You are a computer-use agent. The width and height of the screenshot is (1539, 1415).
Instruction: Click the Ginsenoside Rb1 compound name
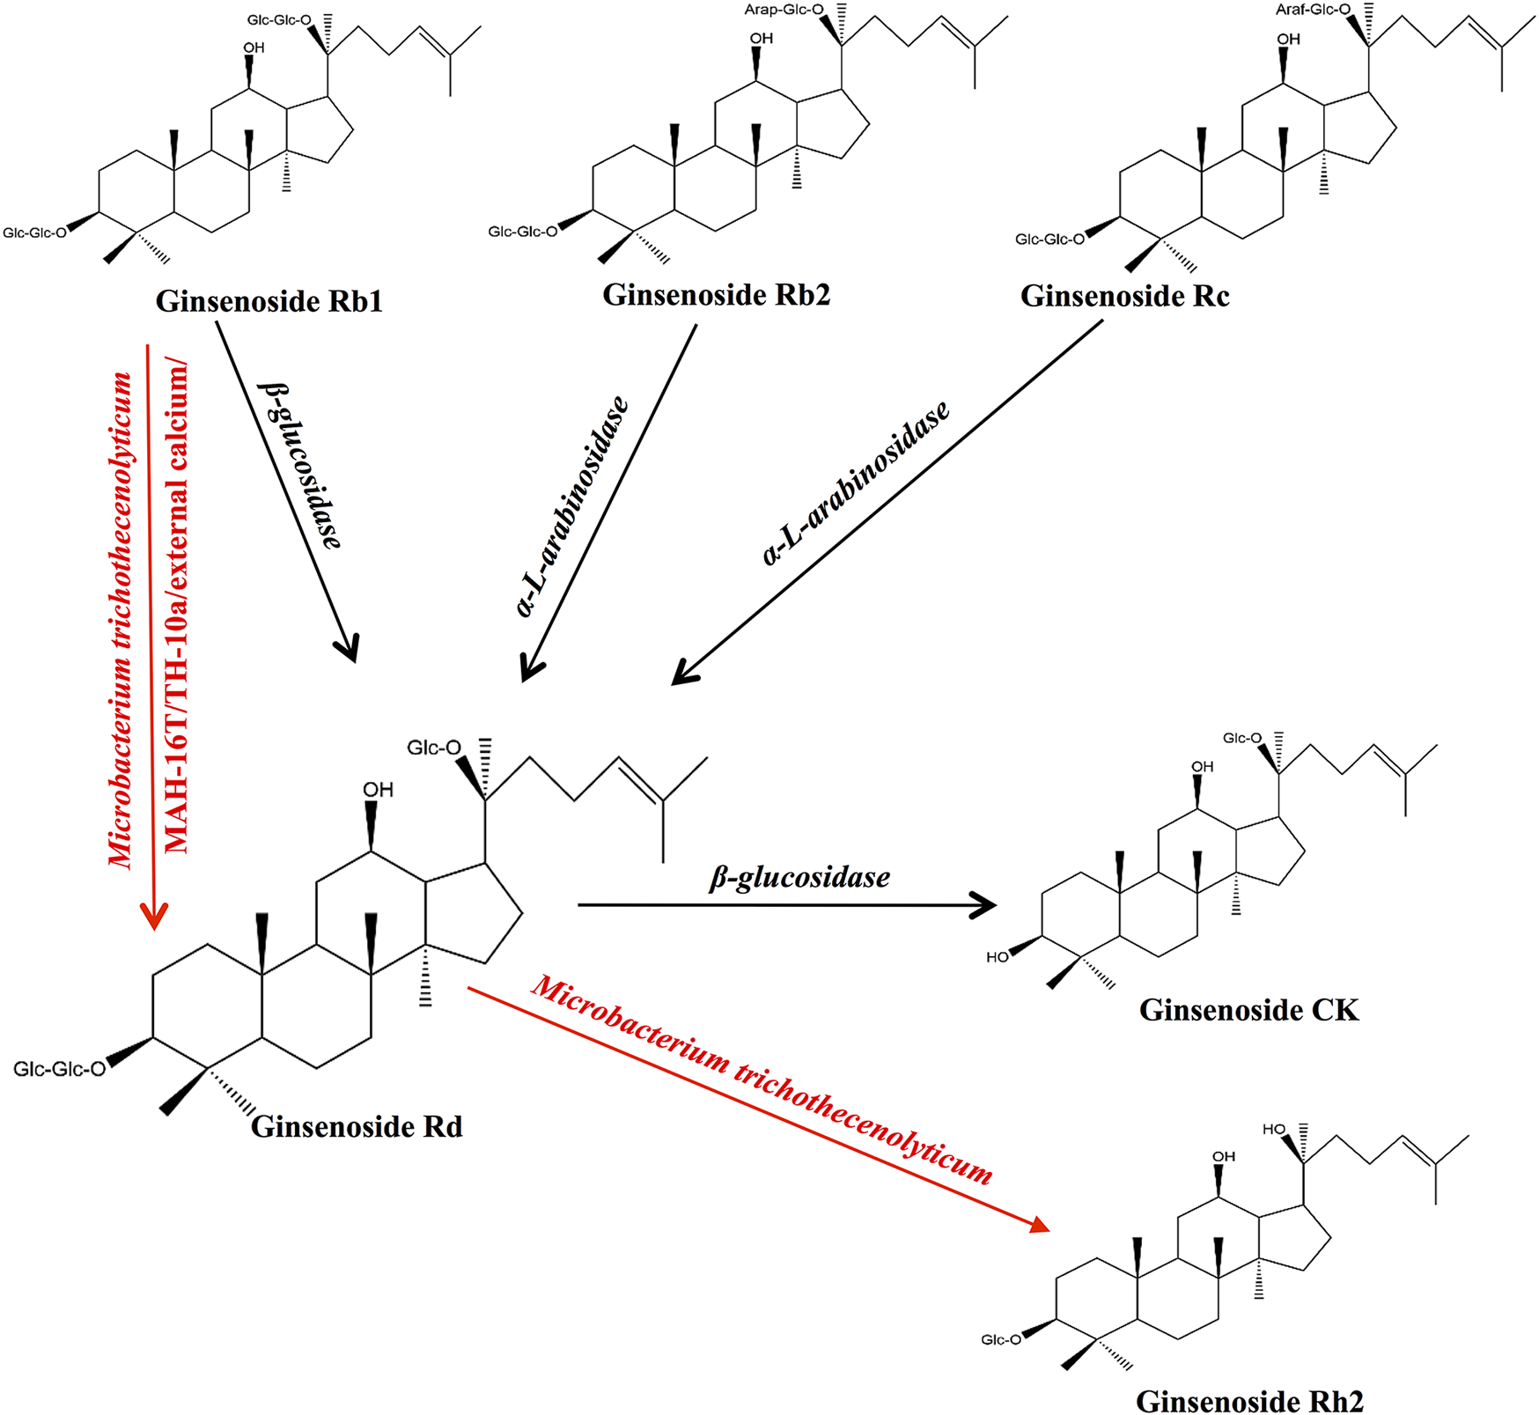click(269, 301)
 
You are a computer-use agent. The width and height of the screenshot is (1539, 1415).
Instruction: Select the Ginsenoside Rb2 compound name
click(716, 294)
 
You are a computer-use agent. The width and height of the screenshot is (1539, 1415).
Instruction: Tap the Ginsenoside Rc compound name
click(1124, 296)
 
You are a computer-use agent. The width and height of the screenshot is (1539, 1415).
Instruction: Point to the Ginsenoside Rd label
click(357, 1126)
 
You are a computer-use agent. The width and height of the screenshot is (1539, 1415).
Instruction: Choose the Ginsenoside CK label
click(1248, 1009)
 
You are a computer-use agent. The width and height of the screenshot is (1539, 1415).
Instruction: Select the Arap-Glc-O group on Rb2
click(784, 11)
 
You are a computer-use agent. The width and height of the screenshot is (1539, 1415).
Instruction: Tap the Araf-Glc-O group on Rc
click(1312, 10)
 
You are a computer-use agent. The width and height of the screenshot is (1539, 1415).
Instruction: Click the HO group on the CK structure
click(997, 957)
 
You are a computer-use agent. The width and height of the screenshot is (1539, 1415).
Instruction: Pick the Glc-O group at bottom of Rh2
click(1001, 1339)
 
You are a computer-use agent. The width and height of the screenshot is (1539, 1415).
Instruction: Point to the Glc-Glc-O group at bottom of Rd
click(59, 1069)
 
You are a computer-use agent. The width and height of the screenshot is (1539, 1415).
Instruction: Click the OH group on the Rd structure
click(378, 790)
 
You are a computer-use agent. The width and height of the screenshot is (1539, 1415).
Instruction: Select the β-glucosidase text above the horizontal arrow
click(799, 877)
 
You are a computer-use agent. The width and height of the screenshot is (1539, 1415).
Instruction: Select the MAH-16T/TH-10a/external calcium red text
click(177, 608)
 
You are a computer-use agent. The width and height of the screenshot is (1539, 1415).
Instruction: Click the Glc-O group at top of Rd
click(433, 748)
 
